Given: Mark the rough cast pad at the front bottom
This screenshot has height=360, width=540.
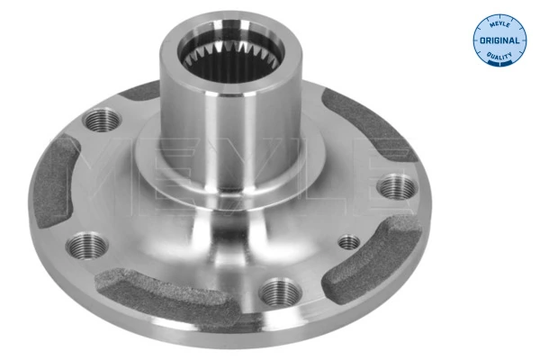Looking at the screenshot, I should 171,292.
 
